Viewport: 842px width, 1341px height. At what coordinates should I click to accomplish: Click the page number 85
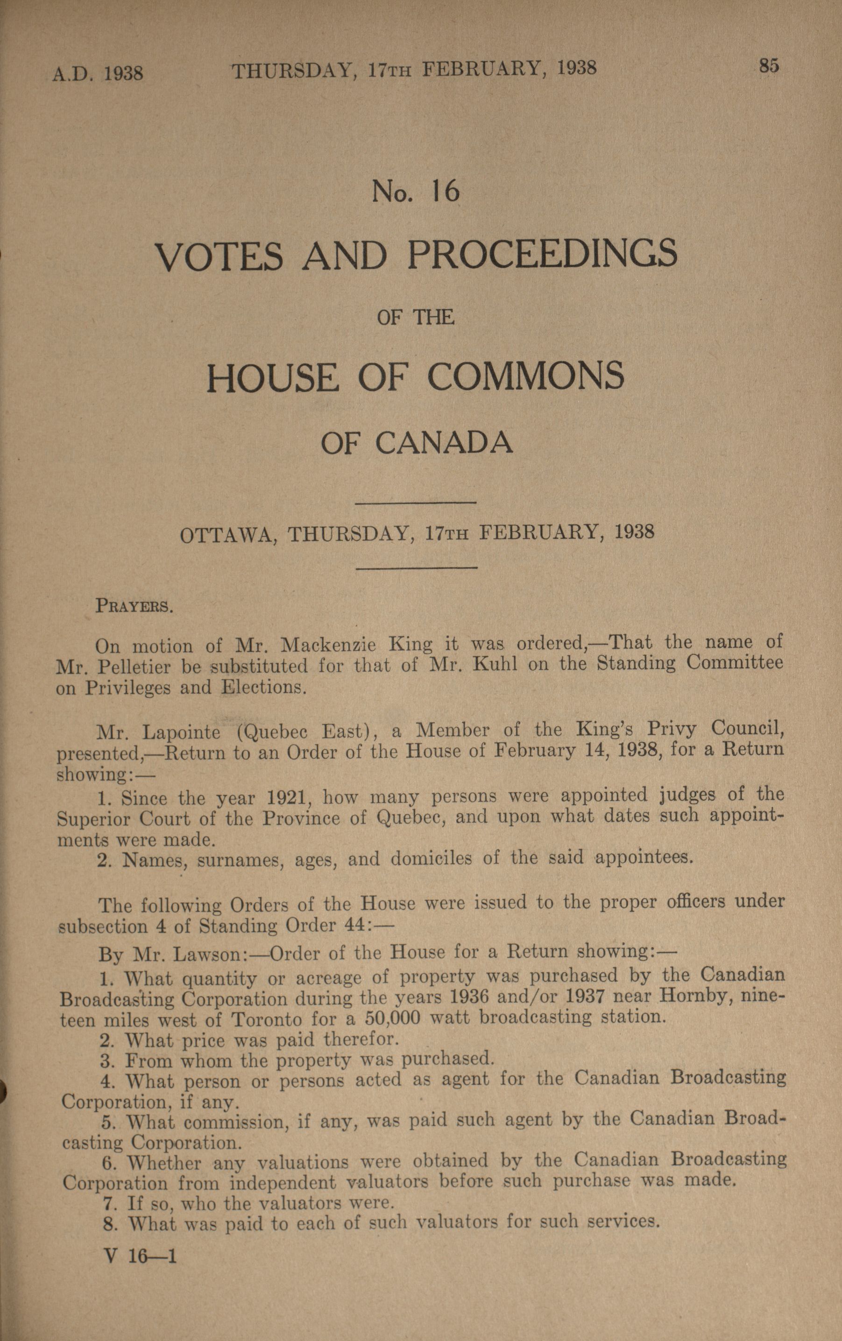click(x=769, y=66)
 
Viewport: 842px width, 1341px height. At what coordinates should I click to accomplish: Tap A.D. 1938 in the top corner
click(x=98, y=73)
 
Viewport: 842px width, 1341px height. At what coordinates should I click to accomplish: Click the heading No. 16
click(x=416, y=191)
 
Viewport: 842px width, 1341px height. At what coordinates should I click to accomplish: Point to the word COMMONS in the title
click(x=526, y=376)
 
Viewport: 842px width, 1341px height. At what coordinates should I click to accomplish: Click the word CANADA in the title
click(x=444, y=443)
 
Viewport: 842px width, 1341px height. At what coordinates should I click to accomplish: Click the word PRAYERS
click(x=134, y=605)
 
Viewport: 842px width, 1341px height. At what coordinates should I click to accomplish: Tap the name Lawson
click(x=206, y=955)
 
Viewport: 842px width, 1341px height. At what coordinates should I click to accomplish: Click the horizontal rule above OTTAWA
click(x=416, y=503)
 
